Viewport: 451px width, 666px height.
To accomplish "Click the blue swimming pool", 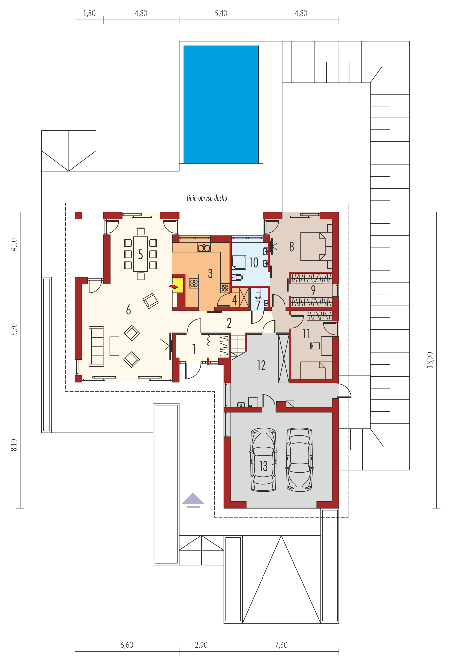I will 221,104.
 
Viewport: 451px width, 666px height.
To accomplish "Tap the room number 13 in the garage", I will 263,466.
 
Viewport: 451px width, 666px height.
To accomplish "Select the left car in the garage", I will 263,459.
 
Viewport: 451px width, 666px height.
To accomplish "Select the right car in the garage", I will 299,459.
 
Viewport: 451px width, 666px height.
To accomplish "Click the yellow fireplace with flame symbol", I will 177,285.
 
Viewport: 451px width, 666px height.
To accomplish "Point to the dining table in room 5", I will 140,254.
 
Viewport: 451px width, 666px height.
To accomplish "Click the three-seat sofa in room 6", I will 96,346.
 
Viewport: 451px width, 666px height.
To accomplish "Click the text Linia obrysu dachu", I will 207,198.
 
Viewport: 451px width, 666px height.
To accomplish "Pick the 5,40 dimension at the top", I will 221,13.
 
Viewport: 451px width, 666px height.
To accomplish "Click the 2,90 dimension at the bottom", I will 201,645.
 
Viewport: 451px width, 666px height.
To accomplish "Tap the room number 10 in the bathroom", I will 254,263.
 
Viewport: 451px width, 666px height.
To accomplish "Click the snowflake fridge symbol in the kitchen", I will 225,288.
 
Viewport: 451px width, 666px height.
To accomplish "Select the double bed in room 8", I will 316,246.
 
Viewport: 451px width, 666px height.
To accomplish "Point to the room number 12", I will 261,365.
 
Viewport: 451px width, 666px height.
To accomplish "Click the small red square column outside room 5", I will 78,216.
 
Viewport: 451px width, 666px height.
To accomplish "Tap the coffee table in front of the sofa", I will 114,346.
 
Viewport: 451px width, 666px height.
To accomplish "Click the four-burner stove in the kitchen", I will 194,283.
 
